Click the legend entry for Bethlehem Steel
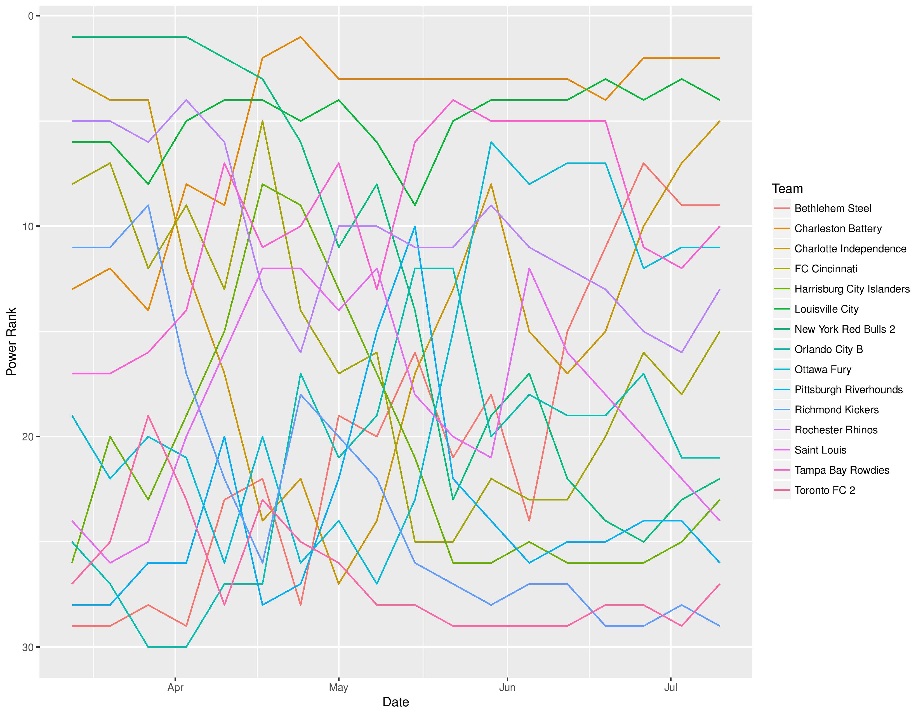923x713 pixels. coord(833,209)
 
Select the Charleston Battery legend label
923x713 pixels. coord(838,228)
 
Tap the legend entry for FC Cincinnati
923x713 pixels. coord(826,269)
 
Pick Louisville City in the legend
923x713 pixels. coord(826,309)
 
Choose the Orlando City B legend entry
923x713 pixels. coord(828,349)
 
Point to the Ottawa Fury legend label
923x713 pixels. coord(822,370)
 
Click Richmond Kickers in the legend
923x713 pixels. coord(836,410)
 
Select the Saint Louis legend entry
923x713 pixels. coord(820,450)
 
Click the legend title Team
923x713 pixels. coord(787,189)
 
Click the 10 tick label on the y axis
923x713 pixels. coord(28,227)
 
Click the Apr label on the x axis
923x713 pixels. coord(175,688)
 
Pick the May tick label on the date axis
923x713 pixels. coord(338,688)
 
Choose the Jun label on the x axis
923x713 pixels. coord(507,688)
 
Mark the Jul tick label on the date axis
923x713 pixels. coord(671,688)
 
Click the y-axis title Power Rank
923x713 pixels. coord(11,342)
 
